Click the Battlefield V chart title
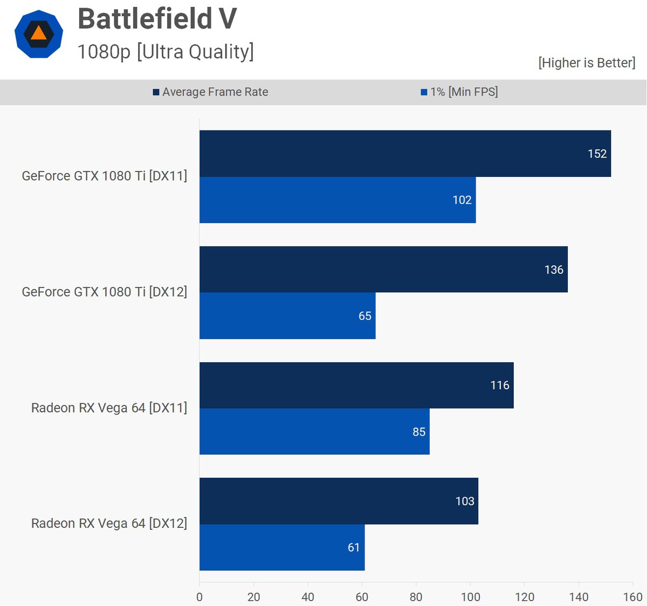click(157, 19)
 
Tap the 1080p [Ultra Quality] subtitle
click(165, 52)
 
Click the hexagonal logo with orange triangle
click(38, 34)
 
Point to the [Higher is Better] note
click(587, 63)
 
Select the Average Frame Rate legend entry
click(210, 92)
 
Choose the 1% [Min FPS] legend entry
click(459, 92)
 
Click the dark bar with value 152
click(404, 154)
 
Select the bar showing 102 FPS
click(337, 200)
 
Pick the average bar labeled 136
click(383, 270)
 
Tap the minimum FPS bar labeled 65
click(287, 316)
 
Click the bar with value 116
click(356, 385)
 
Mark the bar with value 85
click(314, 432)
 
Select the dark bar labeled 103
click(338, 501)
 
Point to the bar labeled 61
click(281, 547)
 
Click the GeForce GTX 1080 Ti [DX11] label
click(105, 176)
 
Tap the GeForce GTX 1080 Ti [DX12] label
click(105, 292)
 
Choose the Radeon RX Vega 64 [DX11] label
click(109, 408)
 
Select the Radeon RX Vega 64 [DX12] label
click(109, 524)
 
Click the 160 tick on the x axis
click(633, 597)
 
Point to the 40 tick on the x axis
click(308, 597)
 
